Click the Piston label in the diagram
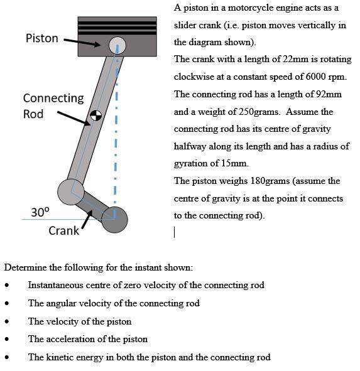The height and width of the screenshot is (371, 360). coord(41,38)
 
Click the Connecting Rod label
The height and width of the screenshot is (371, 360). coord(53,106)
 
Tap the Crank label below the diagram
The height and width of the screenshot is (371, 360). coord(63,230)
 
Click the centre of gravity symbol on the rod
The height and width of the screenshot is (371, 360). coord(96,116)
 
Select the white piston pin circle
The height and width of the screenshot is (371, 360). coord(117,45)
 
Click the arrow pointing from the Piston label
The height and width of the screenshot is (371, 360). coord(81,42)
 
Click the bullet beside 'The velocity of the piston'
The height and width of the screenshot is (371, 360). coord(7,321)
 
